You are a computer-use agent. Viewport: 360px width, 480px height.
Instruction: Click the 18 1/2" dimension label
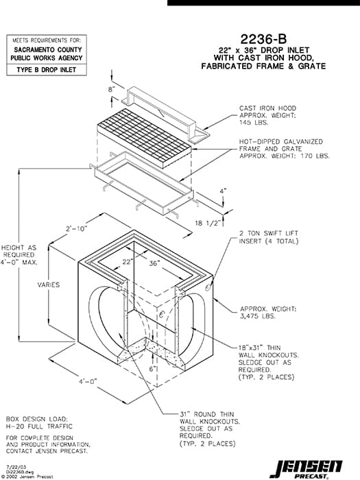point(208,223)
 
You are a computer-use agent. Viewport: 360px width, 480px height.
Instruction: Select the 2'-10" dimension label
point(75,227)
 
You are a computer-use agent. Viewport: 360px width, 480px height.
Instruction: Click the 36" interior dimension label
point(154,263)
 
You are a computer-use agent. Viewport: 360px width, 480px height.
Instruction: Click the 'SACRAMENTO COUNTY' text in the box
point(47,50)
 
